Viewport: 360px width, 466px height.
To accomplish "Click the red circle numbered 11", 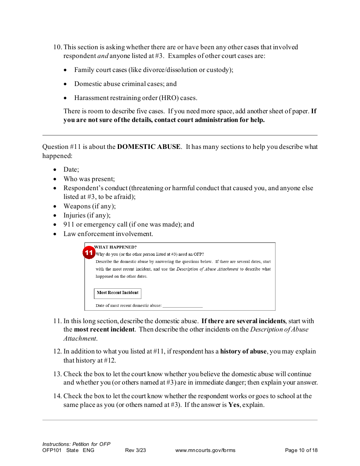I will point(89,253).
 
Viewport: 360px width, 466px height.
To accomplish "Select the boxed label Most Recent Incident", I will point(117,293).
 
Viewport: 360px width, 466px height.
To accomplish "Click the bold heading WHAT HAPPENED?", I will point(115,247).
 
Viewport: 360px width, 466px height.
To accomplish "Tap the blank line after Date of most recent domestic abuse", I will point(182,305).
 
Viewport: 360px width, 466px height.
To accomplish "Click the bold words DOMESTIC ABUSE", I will point(149,147).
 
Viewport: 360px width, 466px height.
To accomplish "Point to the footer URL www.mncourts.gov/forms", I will point(205,450).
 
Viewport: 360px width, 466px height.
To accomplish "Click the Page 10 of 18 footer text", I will point(301,450).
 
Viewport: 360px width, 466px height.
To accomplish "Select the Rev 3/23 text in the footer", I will point(135,450).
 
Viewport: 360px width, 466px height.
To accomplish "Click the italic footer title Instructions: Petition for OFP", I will point(76,444).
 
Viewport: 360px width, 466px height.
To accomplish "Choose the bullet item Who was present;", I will point(89,179).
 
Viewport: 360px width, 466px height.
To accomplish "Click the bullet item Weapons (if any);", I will point(89,206).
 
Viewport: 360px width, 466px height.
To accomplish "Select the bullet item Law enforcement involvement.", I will point(108,234).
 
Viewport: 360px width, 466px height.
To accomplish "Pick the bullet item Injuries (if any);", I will point(87,215).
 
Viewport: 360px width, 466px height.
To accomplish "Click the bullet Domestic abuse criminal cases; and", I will point(125,84).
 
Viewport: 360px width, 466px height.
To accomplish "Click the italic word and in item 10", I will point(103,56).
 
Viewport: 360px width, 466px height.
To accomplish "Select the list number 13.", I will point(57,374).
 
